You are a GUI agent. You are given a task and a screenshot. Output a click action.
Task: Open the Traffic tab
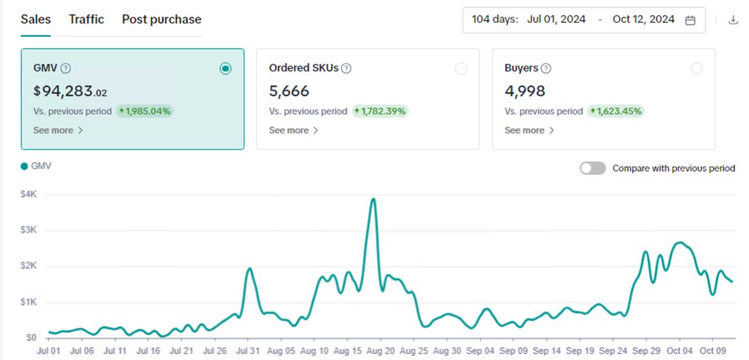[x=86, y=19]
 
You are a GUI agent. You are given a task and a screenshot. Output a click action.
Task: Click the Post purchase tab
[x=162, y=19]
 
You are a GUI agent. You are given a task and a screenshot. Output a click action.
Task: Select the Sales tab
[x=36, y=19]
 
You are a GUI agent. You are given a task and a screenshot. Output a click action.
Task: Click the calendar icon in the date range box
[x=690, y=20]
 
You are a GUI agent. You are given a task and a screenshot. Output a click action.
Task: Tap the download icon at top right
[x=733, y=20]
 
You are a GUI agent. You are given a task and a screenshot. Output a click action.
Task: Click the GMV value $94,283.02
[x=70, y=91]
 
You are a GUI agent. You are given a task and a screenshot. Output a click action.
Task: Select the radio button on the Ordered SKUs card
[x=461, y=69]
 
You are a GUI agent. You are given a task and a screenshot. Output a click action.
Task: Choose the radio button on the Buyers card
[x=696, y=69]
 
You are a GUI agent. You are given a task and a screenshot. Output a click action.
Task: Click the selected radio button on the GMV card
[x=225, y=69]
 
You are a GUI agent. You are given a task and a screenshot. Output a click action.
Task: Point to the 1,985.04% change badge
[x=145, y=111]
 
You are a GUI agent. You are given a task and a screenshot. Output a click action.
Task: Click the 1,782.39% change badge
[x=380, y=111]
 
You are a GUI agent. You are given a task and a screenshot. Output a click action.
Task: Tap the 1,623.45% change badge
[x=616, y=111]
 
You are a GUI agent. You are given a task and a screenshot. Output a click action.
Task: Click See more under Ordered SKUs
[x=293, y=131]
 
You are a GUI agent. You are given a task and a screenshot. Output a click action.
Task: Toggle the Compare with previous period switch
[x=592, y=169]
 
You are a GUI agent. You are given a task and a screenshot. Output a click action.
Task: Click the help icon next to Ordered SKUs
[x=346, y=68]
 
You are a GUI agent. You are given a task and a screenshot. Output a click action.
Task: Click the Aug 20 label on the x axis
[x=381, y=351]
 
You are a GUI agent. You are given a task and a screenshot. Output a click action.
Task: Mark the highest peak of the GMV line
[x=373, y=199]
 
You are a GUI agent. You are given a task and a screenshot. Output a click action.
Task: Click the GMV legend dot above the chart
[x=25, y=166]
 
